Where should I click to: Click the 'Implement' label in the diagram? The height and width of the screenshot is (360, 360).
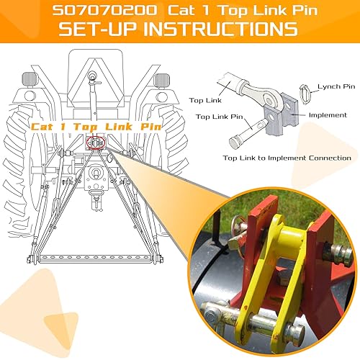coord(328,114)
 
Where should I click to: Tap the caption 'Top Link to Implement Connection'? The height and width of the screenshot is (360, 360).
coord(287,157)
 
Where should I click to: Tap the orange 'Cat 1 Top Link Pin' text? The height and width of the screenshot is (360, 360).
coord(96,127)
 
